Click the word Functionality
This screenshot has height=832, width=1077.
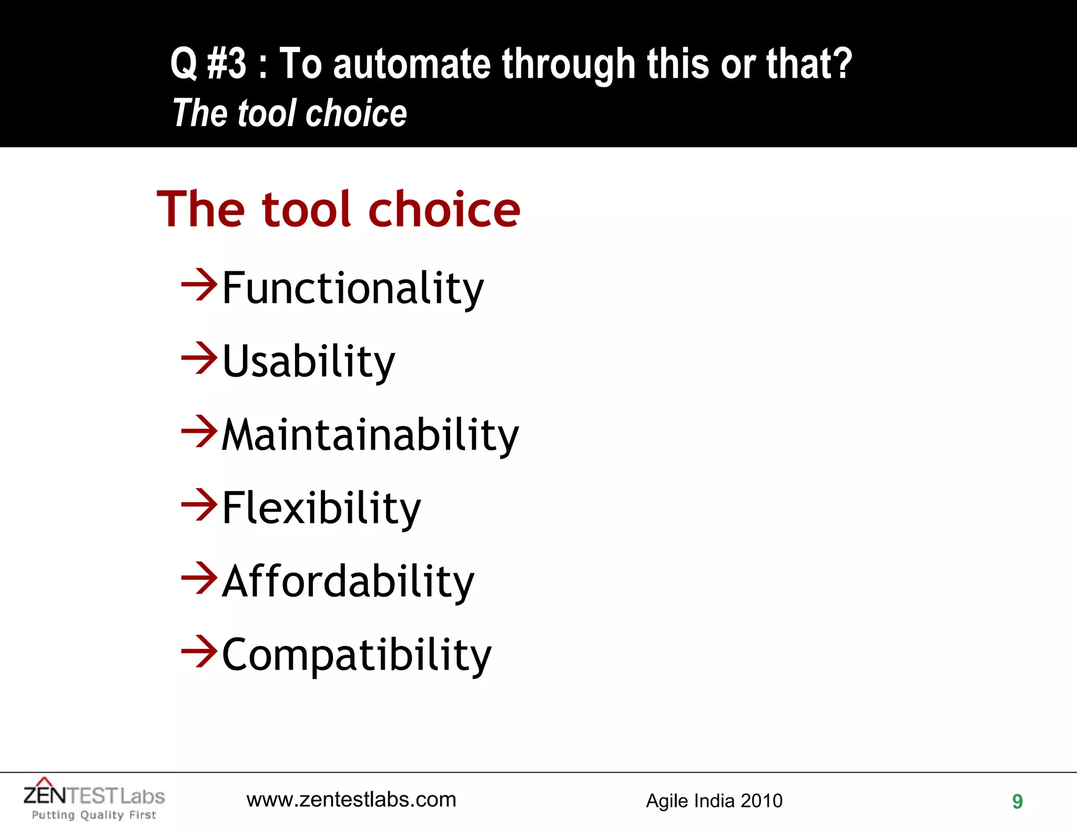[352, 288]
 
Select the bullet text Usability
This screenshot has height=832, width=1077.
[308, 361]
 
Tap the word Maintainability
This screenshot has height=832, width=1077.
[370, 435]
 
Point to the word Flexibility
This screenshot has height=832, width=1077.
[321, 508]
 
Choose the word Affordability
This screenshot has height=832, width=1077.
[348, 582]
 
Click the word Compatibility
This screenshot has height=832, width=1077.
[357, 655]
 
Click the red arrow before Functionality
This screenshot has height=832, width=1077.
[199, 285]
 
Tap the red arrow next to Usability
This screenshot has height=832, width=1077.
[199, 358]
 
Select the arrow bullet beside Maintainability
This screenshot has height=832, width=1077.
[199, 431]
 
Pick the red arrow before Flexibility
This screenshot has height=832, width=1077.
[199, 505]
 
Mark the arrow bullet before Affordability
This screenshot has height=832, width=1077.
[199, 578]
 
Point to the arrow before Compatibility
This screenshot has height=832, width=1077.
[199, 652]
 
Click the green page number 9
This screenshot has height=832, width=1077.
[1017, 801]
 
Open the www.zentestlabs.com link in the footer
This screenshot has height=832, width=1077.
[351, 800]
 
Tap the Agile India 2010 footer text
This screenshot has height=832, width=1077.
[714, 801]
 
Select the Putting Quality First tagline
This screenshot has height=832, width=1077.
[94, 815]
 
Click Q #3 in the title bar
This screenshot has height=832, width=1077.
[208, 64]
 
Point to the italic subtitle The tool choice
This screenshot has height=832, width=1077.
[290, 113]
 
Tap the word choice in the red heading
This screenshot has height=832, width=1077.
[444, 209]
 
